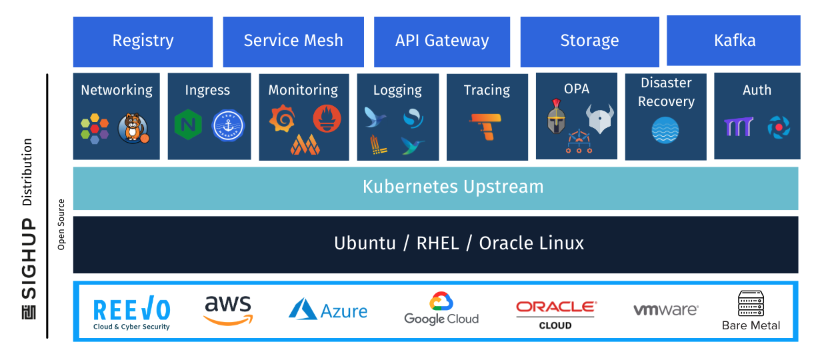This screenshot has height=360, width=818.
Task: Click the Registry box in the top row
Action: pos(143,41)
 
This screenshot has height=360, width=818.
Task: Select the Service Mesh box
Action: pos(293,41)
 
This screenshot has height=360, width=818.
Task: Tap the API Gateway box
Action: pos(442,41)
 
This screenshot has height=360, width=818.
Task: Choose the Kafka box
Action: pos(734,41)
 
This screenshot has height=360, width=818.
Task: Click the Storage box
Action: pos(589,41)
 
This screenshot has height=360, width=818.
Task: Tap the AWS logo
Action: pos(228,309)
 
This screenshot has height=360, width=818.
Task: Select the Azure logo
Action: pos(328,310)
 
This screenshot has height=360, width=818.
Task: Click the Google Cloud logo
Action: pos(441,309)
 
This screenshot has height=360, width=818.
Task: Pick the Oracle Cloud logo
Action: pos(555,314)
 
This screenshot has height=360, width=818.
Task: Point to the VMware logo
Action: pos(665,310)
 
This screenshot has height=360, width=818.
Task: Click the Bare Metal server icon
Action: pos(751,304)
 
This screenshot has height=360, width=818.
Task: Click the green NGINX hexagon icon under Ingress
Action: pos(188,125)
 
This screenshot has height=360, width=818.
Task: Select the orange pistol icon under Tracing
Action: pos(487,126)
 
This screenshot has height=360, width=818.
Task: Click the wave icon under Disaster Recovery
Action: pos(665,130)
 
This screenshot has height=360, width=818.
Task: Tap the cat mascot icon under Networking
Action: pos(133,127)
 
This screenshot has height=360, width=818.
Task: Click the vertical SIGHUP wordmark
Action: pos(29,267)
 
